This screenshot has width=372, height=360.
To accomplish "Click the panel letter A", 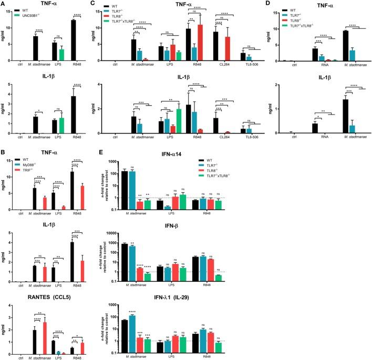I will [4, 4].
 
